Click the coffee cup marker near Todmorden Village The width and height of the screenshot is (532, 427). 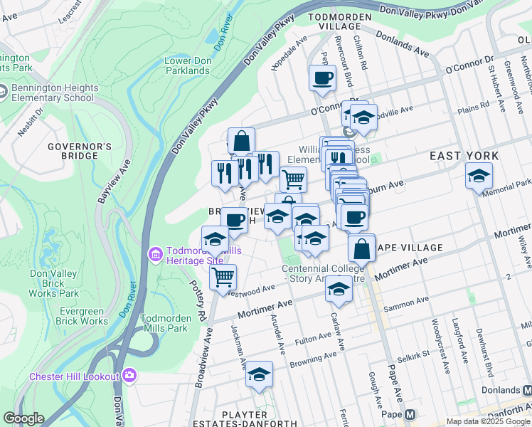point(322,78)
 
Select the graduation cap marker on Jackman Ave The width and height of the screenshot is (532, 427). point(260,374)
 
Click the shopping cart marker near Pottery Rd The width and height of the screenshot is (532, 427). point(223,276)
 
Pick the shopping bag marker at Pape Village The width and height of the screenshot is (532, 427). point(361,249)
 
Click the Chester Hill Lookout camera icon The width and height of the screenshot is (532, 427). point(129,375)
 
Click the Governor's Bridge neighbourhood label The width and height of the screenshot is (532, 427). point(80,151)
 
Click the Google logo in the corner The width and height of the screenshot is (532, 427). point(23,418)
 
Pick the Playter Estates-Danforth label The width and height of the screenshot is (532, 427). point(244,419)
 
